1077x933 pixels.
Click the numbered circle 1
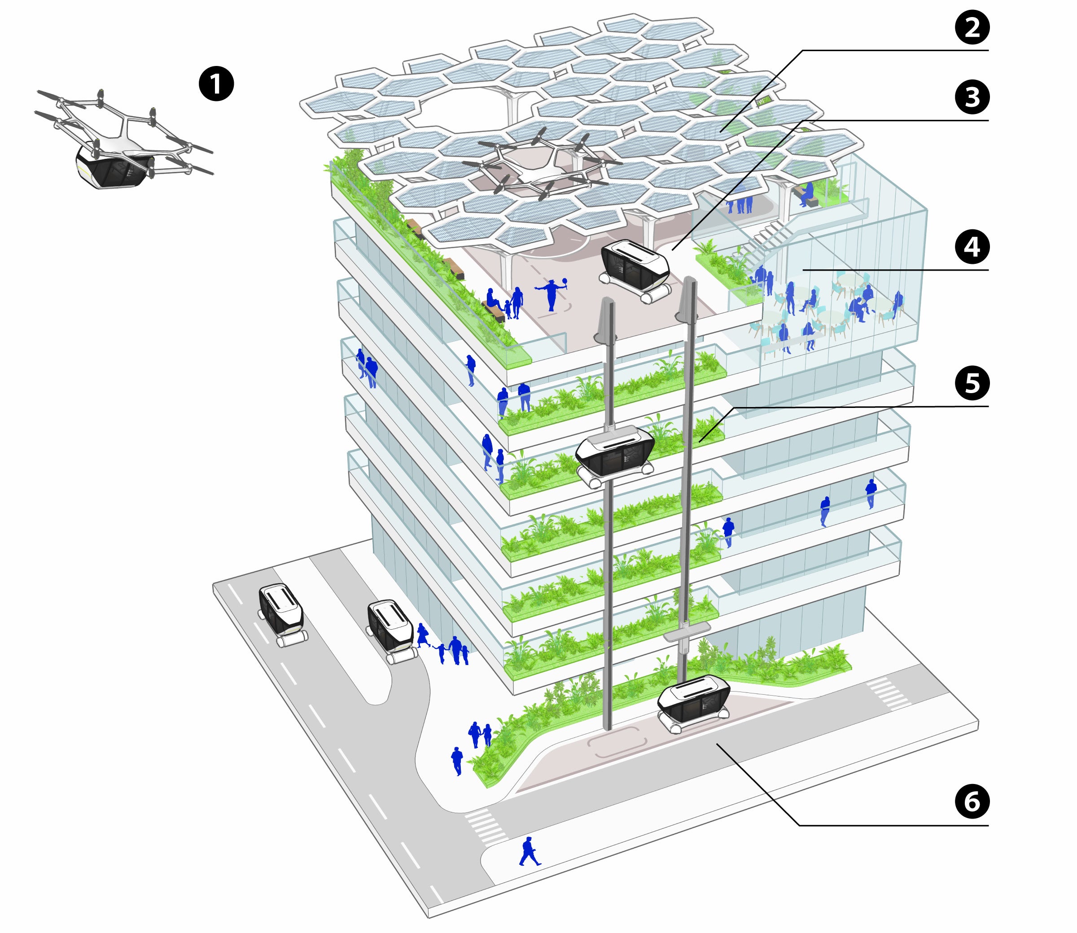(216, 84)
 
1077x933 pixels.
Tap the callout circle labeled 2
(972, 27)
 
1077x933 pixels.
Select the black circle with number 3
(972, 97)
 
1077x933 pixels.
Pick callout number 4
(972, 247)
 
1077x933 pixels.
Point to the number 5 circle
(972, 383)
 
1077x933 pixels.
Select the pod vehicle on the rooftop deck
(634, 270)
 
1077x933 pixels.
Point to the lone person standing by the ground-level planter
(456, 761)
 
